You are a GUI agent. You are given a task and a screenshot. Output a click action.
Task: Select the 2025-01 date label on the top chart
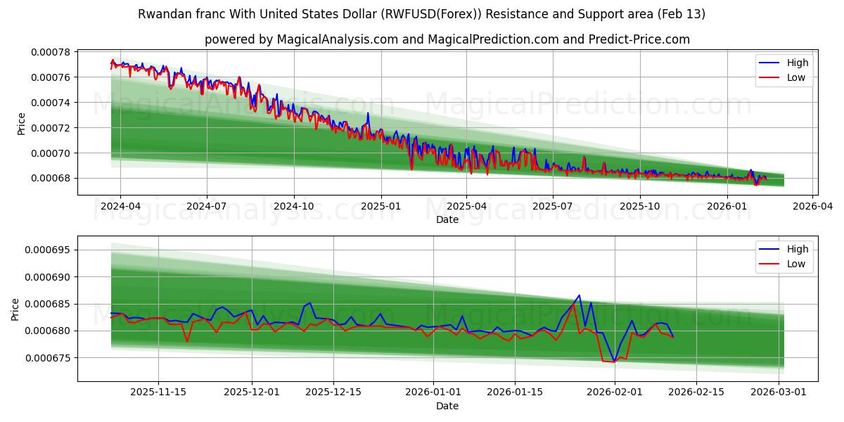381,207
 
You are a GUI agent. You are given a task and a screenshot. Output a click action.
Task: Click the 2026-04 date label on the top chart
813,207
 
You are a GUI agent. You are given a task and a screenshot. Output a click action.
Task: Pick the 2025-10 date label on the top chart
640,207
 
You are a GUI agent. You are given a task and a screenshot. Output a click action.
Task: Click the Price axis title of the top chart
21,124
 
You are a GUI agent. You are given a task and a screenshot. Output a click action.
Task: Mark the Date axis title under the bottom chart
447,406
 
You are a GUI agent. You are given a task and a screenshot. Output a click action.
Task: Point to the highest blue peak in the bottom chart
579,295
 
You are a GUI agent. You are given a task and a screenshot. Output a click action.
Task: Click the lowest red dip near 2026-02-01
613,362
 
